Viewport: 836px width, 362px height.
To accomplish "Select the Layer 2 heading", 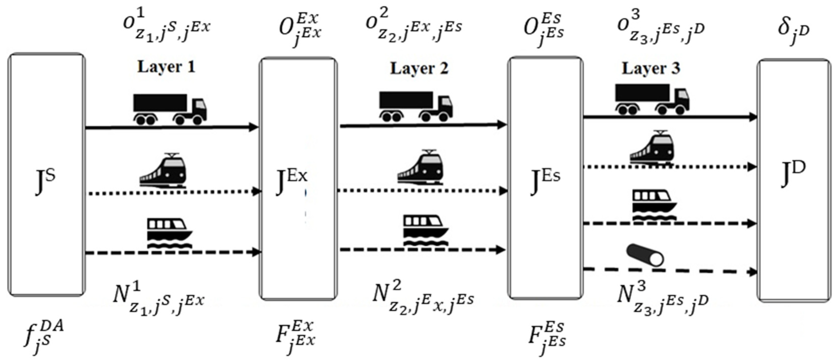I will point(419,68).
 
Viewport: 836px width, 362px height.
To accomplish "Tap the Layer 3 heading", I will point(651,68).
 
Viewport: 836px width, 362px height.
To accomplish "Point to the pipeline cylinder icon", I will point(645,256).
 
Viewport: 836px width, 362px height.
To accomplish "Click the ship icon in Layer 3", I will point(654,205).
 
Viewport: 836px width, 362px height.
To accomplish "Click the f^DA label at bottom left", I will point(43,337).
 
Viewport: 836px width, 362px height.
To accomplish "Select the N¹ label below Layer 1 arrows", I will point(158,298).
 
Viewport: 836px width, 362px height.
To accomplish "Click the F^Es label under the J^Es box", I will point(547,337).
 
